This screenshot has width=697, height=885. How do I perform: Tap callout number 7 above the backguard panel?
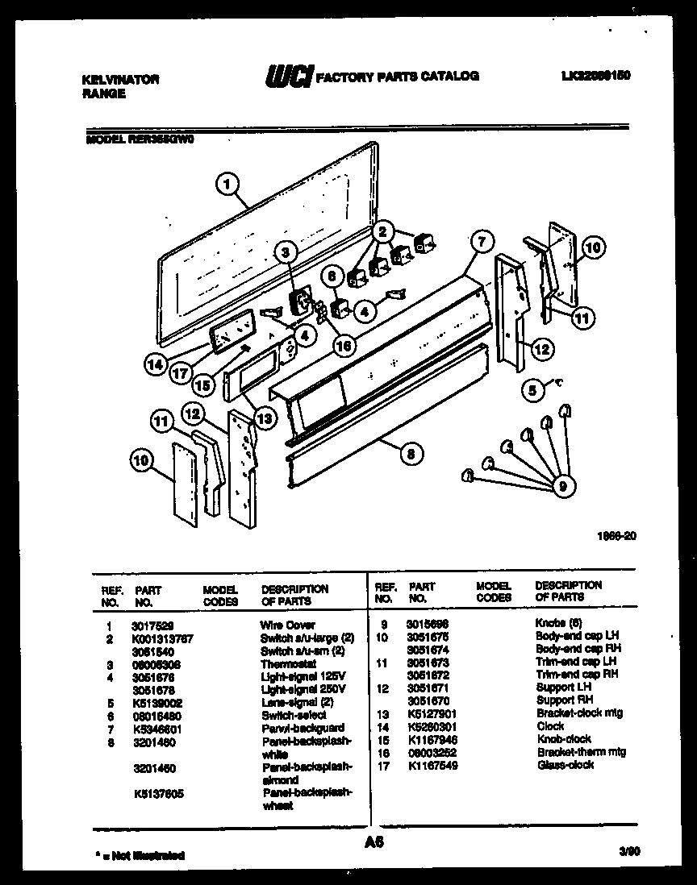(x=481, y=241)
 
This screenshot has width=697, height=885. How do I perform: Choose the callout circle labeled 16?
(x=344, y=345)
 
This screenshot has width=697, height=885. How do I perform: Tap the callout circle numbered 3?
(x=285, y=252)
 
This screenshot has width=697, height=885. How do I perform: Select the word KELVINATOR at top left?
(x=120, y=79)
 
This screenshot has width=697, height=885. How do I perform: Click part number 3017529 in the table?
(x=152, y=625)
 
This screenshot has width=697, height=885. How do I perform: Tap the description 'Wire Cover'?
(x=287, y=625)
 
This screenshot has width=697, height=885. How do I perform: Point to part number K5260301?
(x=433, y=725)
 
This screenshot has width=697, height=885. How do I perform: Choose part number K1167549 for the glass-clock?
(x=433, y=765)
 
